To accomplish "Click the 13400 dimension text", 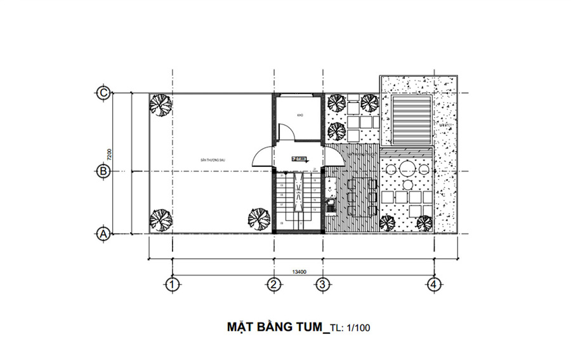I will (299, 272).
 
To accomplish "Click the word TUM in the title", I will (308, 328).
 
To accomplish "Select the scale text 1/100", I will (358, 328).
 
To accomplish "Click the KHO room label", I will (300, 116).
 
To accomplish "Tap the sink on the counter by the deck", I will (330, 205).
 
